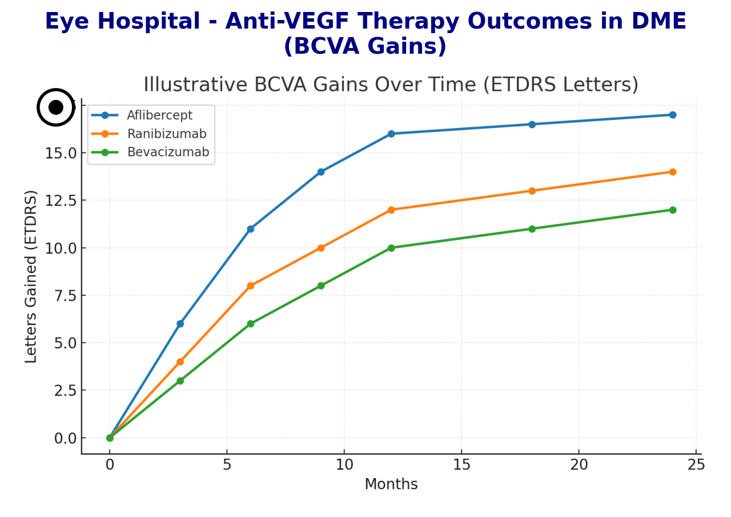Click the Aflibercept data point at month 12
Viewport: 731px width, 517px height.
pos(391,134)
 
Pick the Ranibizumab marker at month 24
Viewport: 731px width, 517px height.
pos(673,172)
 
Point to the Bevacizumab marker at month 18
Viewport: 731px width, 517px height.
pos(532,229)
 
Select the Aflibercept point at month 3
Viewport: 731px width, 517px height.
pos(180,324)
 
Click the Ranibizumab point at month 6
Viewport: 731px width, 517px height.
pos(250,286)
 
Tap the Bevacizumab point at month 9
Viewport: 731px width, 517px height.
pos(321,286)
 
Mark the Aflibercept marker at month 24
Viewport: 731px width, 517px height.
pos(673,115)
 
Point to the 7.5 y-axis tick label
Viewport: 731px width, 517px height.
pos(66,295)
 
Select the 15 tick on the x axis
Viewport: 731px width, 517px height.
pos(461,465)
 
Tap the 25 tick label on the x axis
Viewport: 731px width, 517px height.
pos(696,465)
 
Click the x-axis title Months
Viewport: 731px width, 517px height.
pos(391,484)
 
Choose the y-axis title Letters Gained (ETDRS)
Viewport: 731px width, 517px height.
pos(31,276)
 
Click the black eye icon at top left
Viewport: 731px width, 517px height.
pos(56,107)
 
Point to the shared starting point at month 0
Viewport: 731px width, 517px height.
pos(110,438)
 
